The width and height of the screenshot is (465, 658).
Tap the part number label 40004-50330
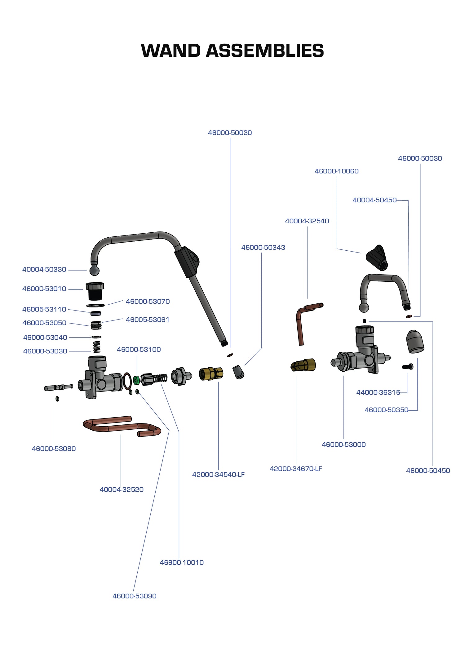pos(44,270)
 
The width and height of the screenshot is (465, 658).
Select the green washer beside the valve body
pos(136,380)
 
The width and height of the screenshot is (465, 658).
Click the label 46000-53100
pos(139,350)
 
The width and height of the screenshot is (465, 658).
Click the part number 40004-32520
pos(122,490)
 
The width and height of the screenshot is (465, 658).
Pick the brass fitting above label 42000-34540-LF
pos(211,373)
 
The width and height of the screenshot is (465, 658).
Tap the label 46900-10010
pos(182,562)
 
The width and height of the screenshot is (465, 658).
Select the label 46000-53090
pos(134,596)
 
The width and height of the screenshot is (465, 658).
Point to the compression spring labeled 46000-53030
pos(97,347)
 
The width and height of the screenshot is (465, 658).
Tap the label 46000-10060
pos(336,171)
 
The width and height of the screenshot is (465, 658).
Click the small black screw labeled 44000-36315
pos(408,367)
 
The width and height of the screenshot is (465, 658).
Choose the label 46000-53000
pos(343,445)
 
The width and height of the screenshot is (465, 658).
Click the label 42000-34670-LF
pos(296,469)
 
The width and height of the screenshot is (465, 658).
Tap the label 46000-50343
pos(263,248)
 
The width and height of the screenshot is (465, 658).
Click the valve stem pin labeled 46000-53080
pos(58,387)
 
